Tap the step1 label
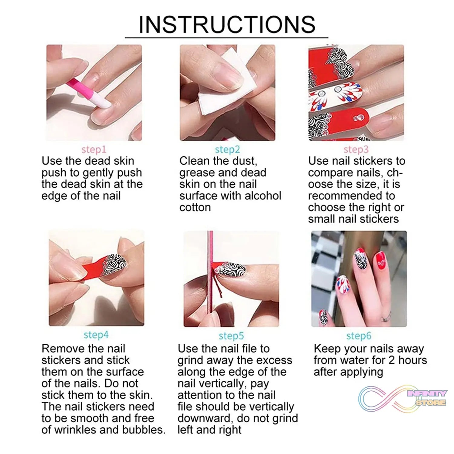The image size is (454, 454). click(94, 150)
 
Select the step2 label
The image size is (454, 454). click(227, 150)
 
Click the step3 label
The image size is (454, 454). click(356, 150)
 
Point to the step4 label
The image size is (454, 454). click(96, 335)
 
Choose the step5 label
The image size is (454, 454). click(231, 336)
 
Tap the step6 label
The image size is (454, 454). click(359, 336)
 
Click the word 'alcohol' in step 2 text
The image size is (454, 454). click(263, 196)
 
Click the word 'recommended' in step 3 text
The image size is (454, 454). click(351, 196)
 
